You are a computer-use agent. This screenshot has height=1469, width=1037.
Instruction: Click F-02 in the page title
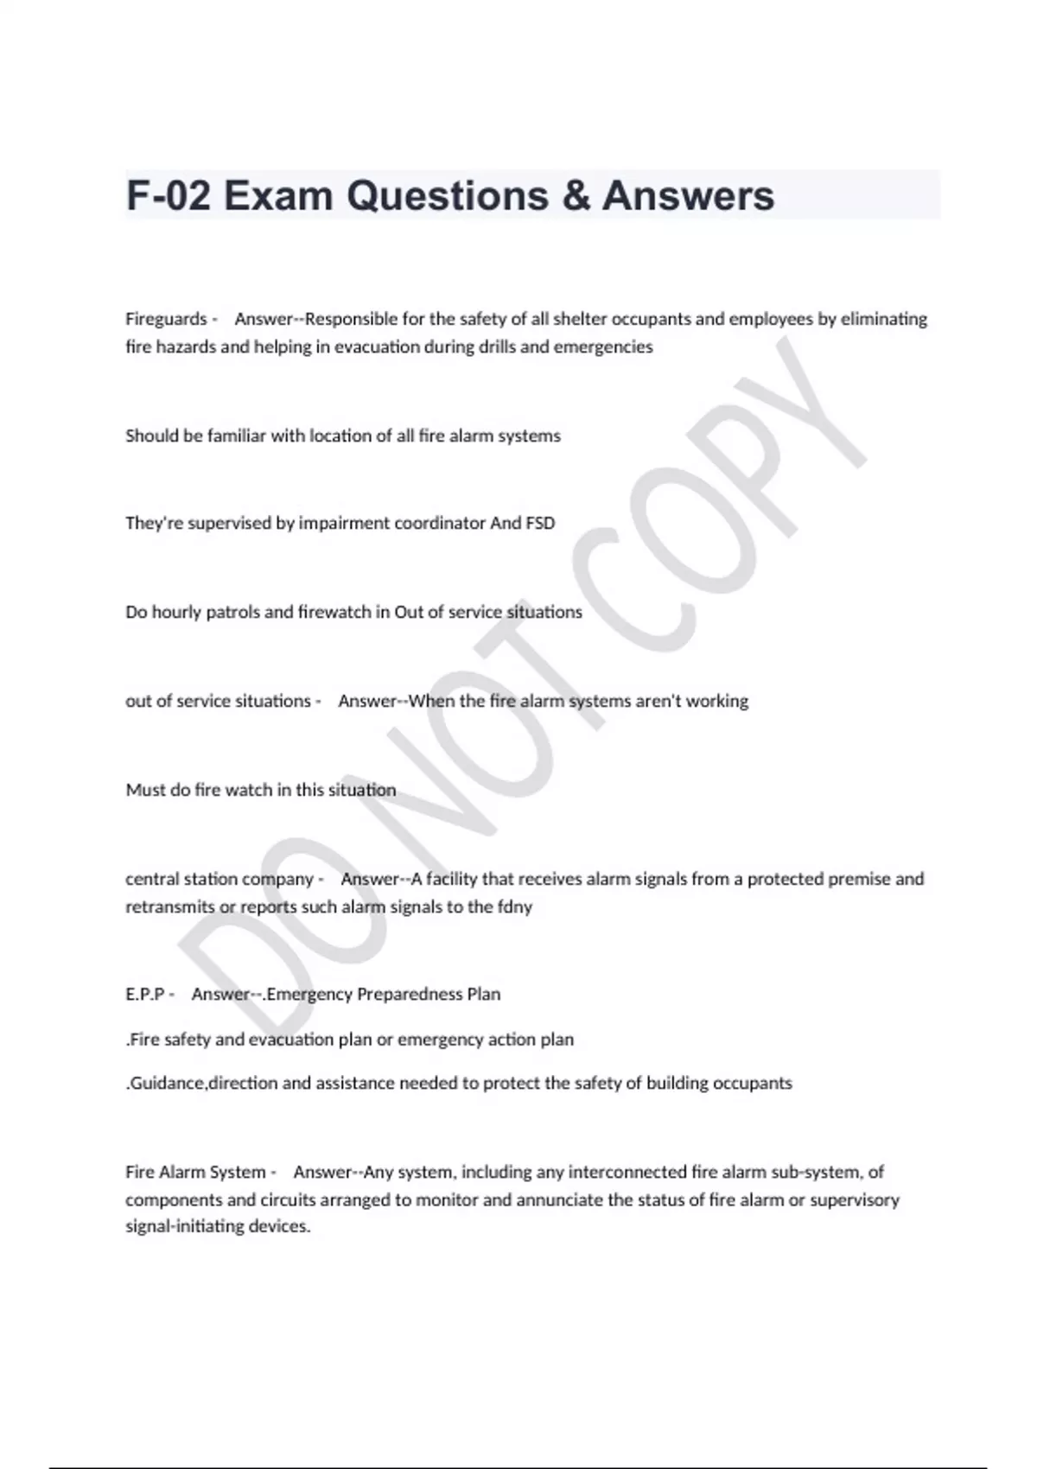coord(169,196)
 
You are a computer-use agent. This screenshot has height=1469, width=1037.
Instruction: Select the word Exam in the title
coord(278,196)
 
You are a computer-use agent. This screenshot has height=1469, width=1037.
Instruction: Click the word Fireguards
coord(166,319)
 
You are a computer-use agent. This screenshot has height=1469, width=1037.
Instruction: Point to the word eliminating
coord(883,319)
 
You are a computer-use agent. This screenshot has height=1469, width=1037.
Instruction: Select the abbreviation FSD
coord(540,523)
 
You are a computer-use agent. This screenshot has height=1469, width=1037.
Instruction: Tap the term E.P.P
coord(144,994)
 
